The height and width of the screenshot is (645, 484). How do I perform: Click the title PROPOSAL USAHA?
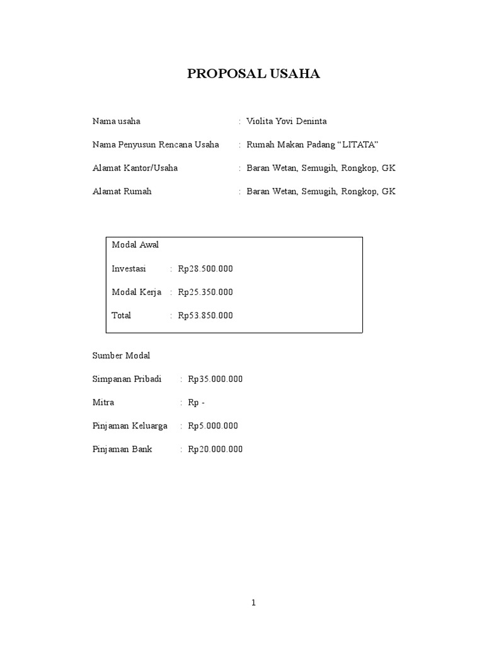(x=253, y=74)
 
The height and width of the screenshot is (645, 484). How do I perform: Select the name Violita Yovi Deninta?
(x=286, y=121)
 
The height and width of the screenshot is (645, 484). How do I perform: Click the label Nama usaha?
(x=117, y=121)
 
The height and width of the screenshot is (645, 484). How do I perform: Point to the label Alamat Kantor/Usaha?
(x=135, y=168)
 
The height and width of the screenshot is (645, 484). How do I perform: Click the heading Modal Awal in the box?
(x=135, y=245)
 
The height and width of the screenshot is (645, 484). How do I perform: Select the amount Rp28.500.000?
(x=205, y=268)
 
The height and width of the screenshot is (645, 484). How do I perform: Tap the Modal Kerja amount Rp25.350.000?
(x=205, y=292)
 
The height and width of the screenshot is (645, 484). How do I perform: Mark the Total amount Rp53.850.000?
(x=205, y=316)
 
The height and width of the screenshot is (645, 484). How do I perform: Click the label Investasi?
(x=129, y=268)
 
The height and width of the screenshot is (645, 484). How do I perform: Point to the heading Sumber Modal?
(x=122, y=356)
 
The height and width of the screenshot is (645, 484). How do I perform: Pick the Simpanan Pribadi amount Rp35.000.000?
(x=215, y=379)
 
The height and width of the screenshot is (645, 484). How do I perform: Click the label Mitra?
(x=103, y=402)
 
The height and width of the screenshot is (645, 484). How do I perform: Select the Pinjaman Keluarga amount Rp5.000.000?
(x=213, y=426)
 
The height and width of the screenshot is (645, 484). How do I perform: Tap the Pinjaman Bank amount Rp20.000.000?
(x=215, y=450)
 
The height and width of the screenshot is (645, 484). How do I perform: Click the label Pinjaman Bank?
(x=122, y=450)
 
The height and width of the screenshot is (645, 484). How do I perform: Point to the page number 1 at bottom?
(x=253, y=603)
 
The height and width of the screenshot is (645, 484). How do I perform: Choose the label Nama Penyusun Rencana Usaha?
(x=156, y=145)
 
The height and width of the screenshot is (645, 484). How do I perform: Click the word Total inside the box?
(x=121, y=316)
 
